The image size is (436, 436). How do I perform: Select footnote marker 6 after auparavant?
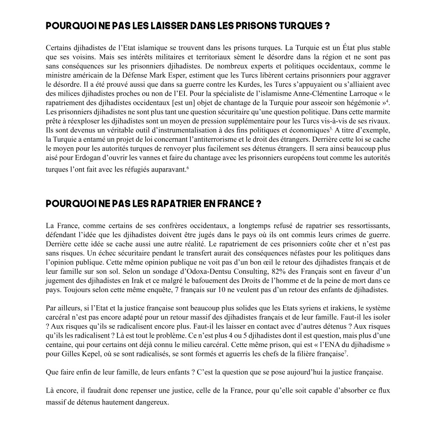[x=188, y=167]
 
